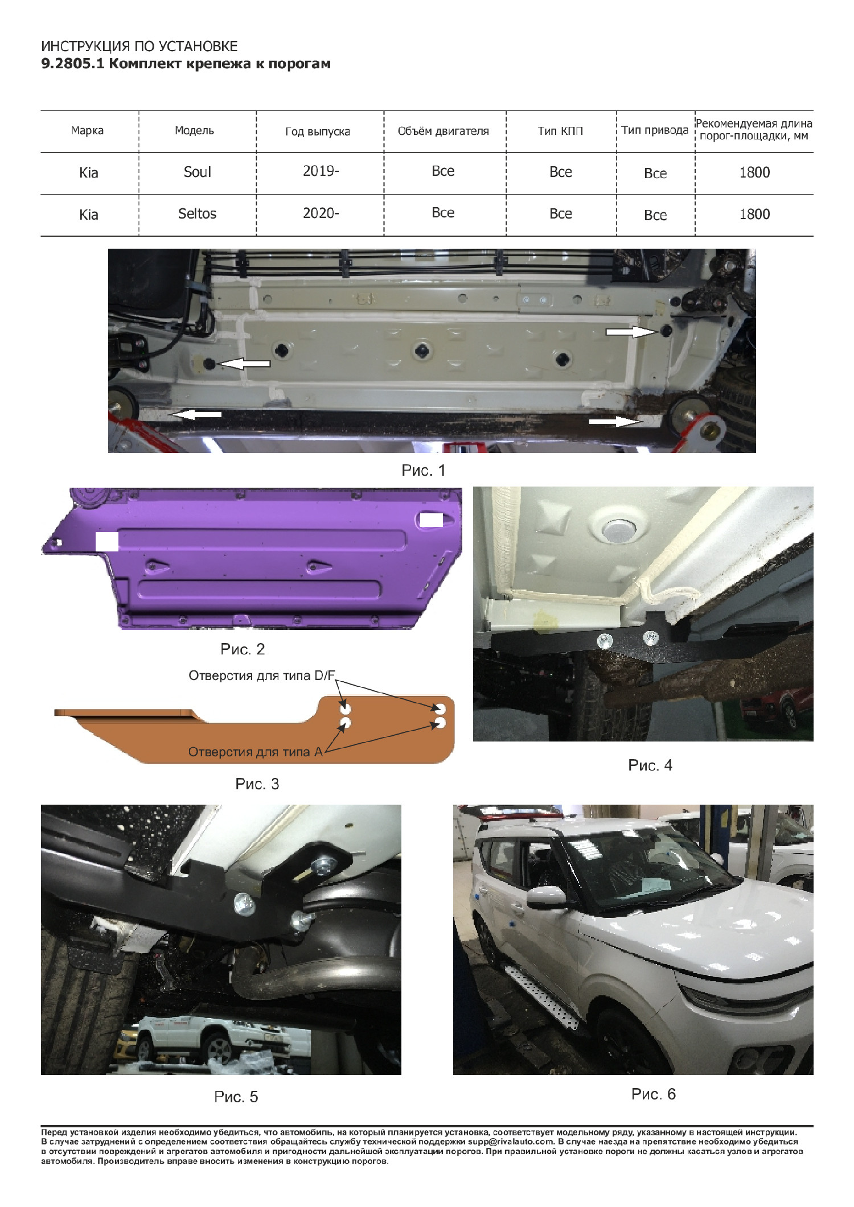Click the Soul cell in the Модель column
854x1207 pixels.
point(197,172)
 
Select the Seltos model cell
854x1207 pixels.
point(197,213)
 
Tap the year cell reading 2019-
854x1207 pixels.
point(321,171)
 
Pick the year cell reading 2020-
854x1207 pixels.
point(321,213)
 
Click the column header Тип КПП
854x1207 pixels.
point(560,131)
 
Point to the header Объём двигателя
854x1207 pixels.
point(443,131)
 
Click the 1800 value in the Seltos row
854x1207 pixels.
point(754,214)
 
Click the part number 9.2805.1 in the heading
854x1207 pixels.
point(72,64)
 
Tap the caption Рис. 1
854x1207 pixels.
point(424,470)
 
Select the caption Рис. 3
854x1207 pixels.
point(257,784)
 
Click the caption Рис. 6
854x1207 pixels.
point(654,1094)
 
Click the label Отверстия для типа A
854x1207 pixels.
point(256,752)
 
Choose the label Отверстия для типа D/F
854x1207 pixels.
point(262,675)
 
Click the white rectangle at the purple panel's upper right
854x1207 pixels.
point(431,520)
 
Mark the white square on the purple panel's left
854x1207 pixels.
point(107,542)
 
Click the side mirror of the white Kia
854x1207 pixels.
point(546,897)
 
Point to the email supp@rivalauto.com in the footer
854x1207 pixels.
point(511,1142)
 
